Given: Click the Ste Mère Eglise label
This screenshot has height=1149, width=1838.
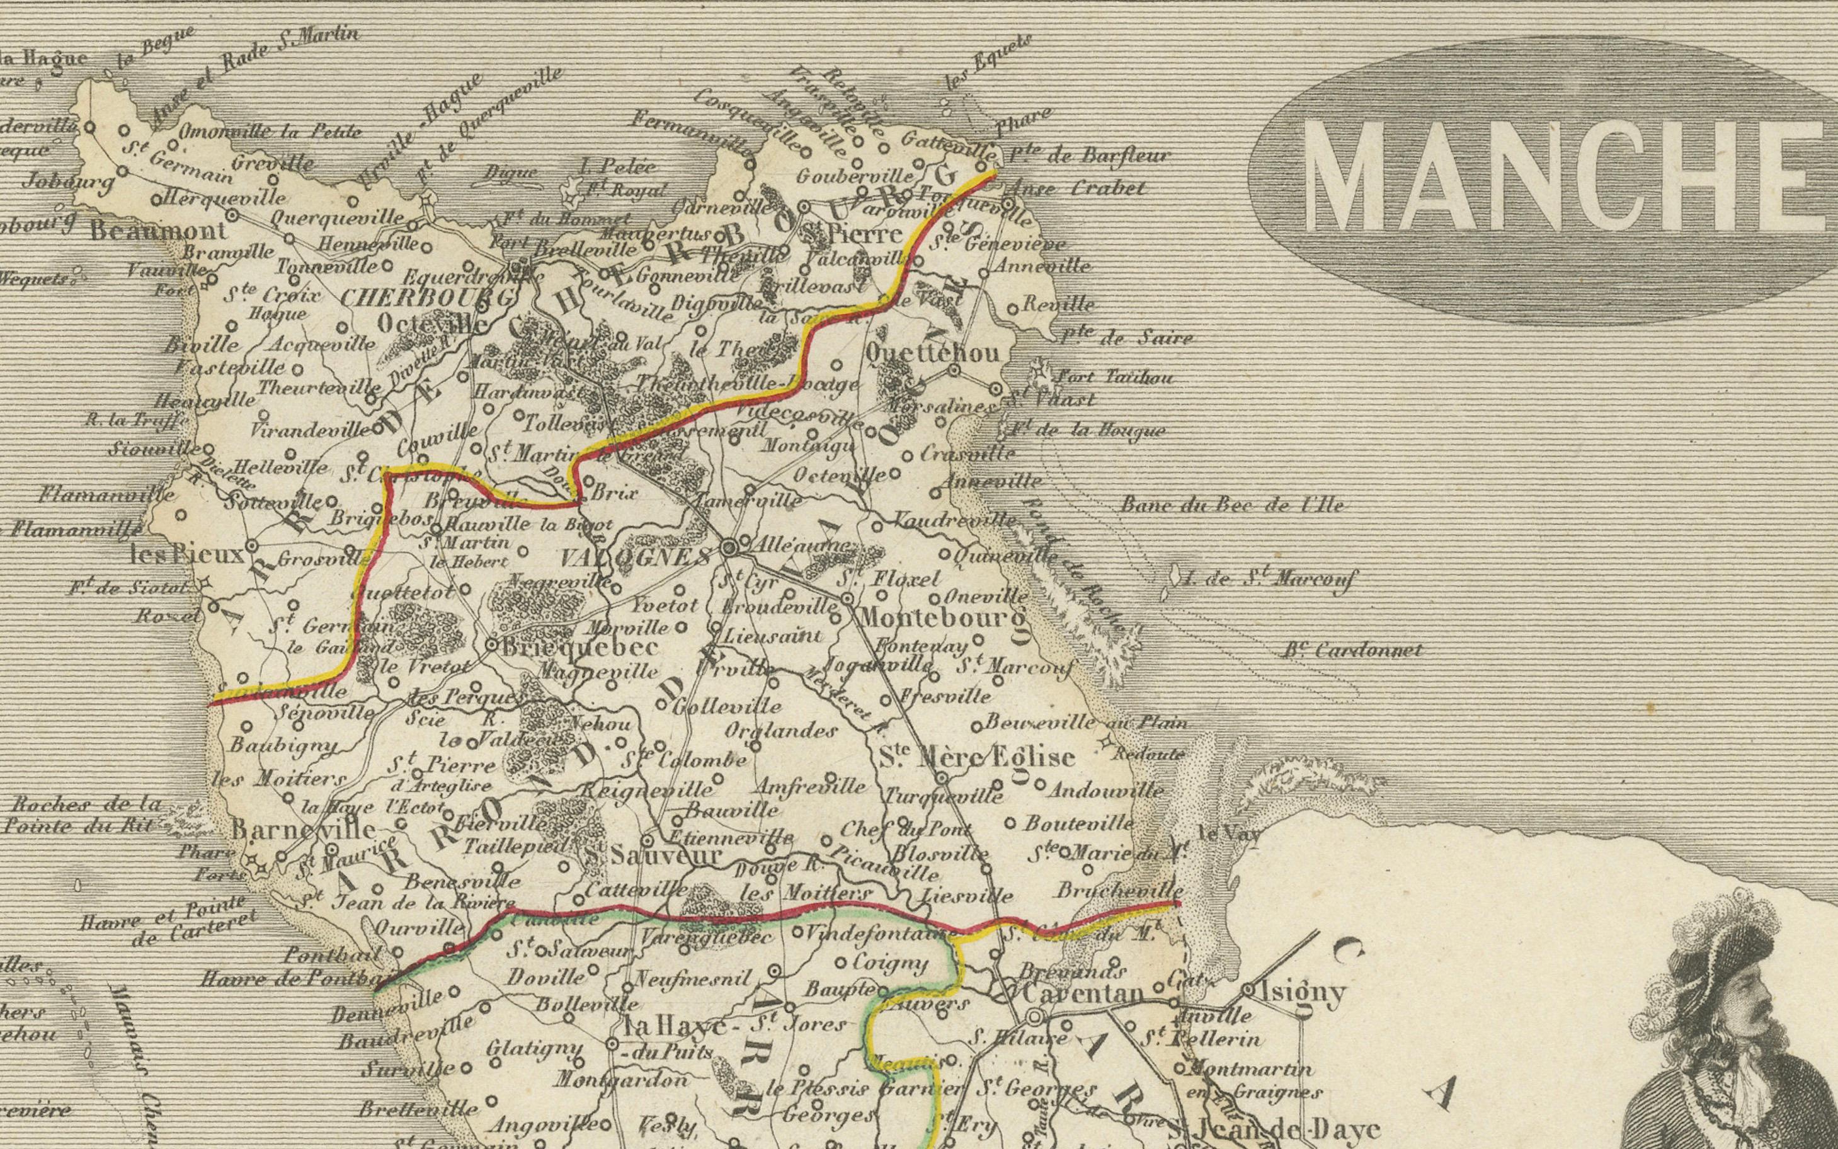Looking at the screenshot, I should pyautogui.click(x=976, y=757).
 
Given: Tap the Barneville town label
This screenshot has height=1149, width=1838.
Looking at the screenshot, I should pyautogui.click(x=302, y=829).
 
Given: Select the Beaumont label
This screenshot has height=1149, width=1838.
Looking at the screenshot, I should pyautogui.click(x=157, y=231).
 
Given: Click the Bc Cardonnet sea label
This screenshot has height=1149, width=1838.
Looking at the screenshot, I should pyautogui.click(x=1352, y=651).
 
